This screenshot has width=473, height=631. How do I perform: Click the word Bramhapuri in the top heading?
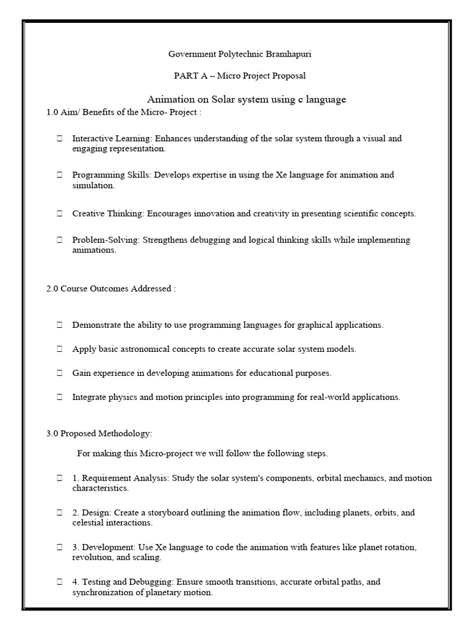click(x=289, y=54)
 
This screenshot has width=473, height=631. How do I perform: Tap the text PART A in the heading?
click(x=194, y=76)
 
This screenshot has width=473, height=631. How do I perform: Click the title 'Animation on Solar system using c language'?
click(x=246, y=99)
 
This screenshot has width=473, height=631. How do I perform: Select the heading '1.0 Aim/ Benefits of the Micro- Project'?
click(x=124, y=112)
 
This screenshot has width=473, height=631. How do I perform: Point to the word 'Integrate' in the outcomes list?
click(x=90, y=397)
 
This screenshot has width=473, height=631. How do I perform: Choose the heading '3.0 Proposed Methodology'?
click(x=99, y=434)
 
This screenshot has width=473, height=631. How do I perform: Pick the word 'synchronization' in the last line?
click(x=102, y=593)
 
